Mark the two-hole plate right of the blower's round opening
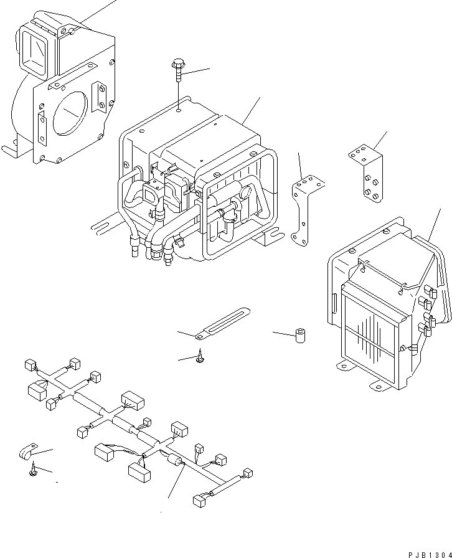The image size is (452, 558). [x=100, y=95]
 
